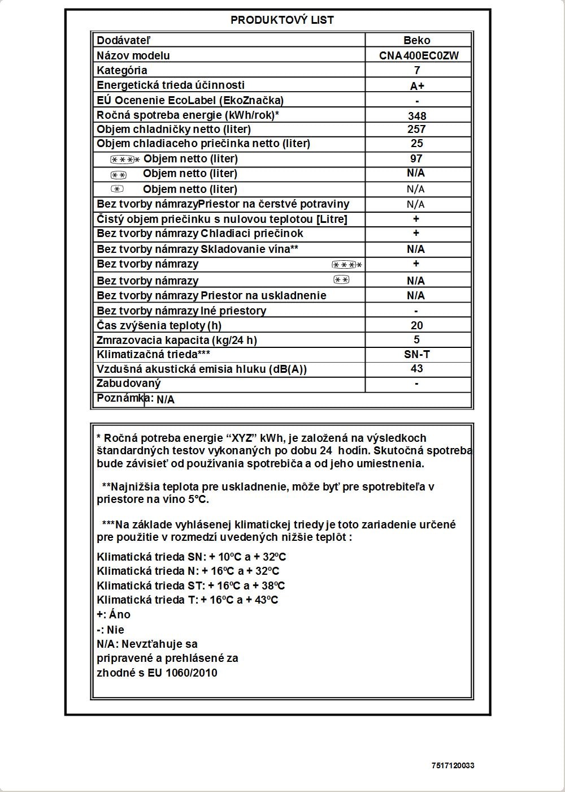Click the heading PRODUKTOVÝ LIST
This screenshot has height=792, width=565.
pyautogui.click(x=282, y=20)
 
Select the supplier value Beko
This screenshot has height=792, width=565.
pyautogui.click(x=417, y=40)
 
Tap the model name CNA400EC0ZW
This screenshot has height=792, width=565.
pyautogui.click(x=419, y=55)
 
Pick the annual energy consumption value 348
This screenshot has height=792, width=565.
pyautogui.click(x=417, y=116)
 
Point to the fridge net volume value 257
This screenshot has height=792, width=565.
pyautogui.click(x=417, y=129)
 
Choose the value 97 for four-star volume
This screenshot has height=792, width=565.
pyautogui.click(x=416, y=158)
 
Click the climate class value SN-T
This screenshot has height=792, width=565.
pyautogui.click(x=417, y=354)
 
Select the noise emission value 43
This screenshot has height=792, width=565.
pyautogui.click(x=416, y=368)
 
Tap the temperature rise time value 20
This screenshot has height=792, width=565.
pyautogui.click(x=417, y=325)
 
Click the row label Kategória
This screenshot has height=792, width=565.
pyautogui.click(x=122, y=70)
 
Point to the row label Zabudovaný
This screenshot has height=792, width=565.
pyautogui.click(x=129, y=383)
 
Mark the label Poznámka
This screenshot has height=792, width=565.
pyautogui.click(x=120, y=398)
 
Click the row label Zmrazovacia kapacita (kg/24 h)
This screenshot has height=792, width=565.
pyautogui.click(x=177, y=340)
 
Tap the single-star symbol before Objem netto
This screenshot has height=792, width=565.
pyautogui.click(x=117, y=189)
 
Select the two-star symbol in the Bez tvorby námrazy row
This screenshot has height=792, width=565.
pyautogui.click(x=341, y=279)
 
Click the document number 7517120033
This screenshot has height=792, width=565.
pyautogui.click(x=453, y=765)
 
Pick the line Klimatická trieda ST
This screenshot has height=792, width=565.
pyautogui.click(x=190, y=586)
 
